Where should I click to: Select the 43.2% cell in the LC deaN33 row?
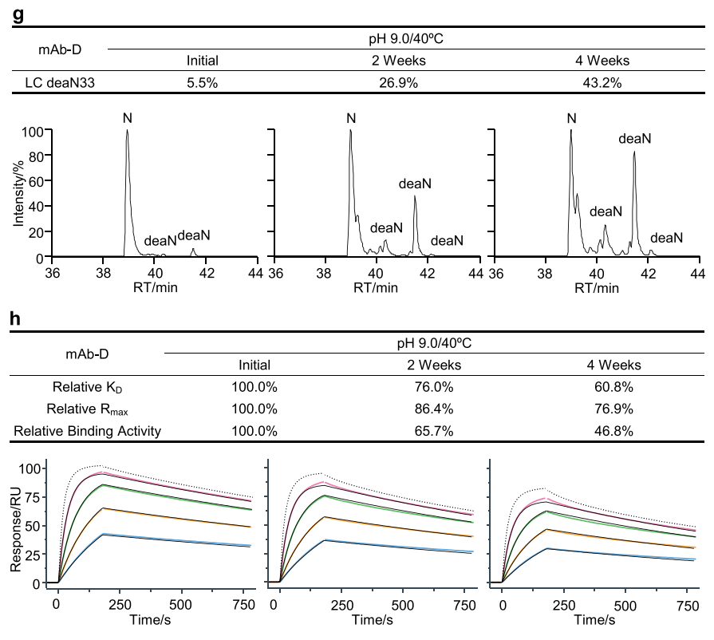(602, 81)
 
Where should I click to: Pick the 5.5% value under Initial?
(202, 81)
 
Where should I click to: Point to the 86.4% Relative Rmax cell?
(433, 409)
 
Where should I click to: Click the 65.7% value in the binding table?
(433, 431)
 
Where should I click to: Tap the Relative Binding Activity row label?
(88, 431)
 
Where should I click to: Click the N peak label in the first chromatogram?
(127, 119)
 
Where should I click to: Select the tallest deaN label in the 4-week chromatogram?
(635, 139)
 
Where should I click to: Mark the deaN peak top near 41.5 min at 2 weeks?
(415, 196)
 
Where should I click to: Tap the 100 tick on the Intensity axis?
(32, 132)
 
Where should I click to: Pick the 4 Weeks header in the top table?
(602, 60)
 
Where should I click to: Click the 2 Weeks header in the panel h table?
(433, 365)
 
